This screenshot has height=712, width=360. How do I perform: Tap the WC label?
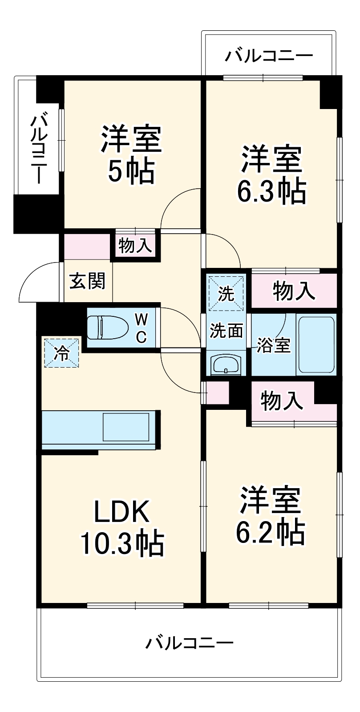coord(141,328)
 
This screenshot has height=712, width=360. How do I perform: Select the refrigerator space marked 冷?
coord(62,353)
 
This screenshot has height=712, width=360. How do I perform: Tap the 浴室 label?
coord(273,345)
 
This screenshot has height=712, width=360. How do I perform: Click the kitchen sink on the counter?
coord(126,428)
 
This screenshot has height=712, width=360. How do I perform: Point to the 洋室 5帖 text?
coord(130,154)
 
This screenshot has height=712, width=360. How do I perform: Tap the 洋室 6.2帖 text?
coord(270,516)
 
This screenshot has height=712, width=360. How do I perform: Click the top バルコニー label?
coord(268,56)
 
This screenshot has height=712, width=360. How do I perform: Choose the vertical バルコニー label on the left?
coord(38,149)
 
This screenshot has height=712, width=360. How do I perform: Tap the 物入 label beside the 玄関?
coord(135,245)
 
